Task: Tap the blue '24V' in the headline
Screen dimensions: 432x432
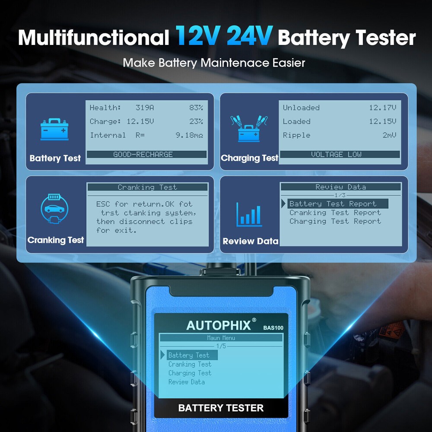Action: pos(249,37)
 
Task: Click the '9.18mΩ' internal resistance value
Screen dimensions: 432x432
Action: pos(189,135)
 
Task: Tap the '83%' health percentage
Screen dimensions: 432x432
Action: pos(195,108)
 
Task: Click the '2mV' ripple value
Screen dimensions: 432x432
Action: pos(389,135)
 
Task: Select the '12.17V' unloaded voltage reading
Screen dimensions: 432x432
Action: pos(382,108)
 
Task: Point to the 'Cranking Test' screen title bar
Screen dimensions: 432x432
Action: pos(147,187)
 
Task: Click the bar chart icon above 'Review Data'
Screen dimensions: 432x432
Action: pos(249,215)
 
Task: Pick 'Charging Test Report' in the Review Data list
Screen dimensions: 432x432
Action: pos(335,221)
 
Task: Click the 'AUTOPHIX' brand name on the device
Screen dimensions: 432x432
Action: pos(218,325)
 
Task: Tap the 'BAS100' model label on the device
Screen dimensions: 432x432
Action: pos(273,327)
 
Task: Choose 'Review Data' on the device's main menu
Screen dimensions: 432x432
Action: pos(187,382)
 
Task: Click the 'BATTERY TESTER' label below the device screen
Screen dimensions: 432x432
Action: pos(221,407)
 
